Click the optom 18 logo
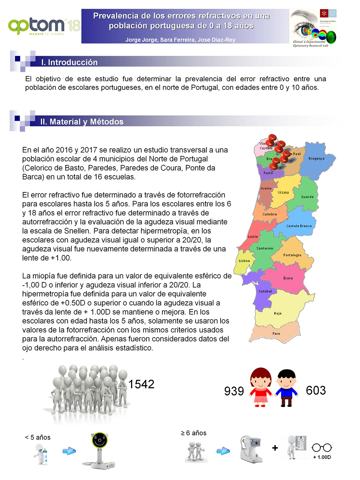[x=44, y=26]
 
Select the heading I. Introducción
[x=69, y=62]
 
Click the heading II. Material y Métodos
[x=82, y=122]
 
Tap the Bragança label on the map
[x=316, y=159]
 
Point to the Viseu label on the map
[x=283, y=192]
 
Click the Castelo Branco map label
[x=299, y=226]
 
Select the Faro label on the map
[x=276, y=333]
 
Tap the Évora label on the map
[x=288, y=278]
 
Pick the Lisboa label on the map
[x=244, y=261]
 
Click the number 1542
[x=141, y=384]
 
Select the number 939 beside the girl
[x=234, y=391]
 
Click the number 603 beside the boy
[x=316, y=390]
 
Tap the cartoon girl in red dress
[x=261, y=387]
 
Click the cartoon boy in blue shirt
[x=286, y=388]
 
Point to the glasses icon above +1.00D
[x=322, y=448]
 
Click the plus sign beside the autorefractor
[x=275, y=448]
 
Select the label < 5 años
[x=38, y=437]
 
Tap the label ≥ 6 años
[x=194, y=433]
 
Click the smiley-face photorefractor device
[x=99, y=450]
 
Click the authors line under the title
[x=180, y=40]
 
